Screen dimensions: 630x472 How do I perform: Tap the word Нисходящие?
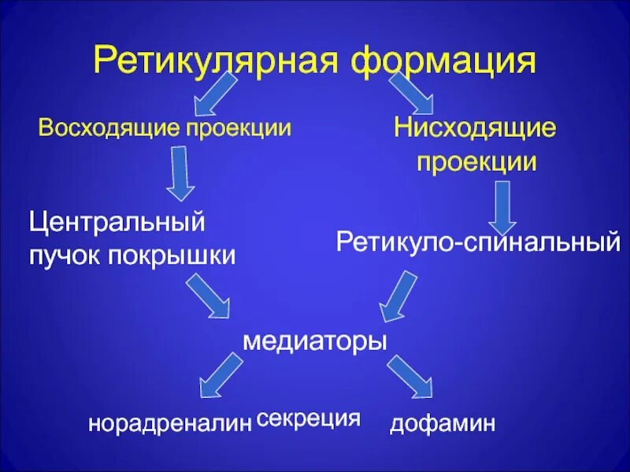[476, 128]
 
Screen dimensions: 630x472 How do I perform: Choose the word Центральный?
[117, 222]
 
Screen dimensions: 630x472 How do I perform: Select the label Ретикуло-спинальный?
[478, 242]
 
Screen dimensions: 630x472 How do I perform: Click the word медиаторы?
[315, 341]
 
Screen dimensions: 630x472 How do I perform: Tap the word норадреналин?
[169, 425]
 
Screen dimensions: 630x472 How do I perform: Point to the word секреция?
[309, 418]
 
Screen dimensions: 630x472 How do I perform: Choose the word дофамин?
[443, 425]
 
